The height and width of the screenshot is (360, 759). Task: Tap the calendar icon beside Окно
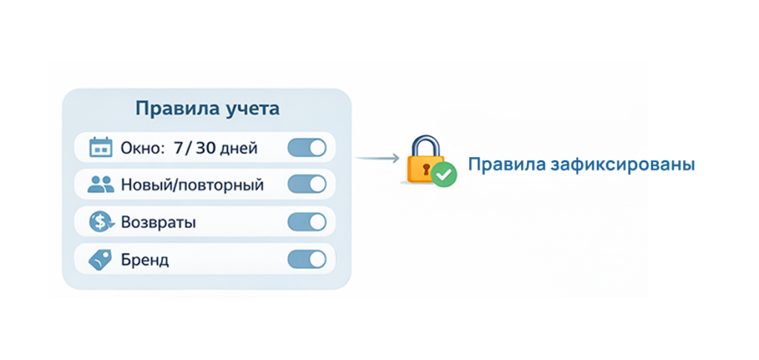pyautogui.click(x=101, y=148)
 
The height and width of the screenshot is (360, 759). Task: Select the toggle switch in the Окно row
pyautogui.click(x=307, y=148)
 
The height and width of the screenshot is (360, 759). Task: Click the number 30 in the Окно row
pyautogui.click(x=209, y=148)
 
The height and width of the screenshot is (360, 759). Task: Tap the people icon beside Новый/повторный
pyautogui.click(x=101, y=184)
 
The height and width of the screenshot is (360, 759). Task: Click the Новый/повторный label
pyautogui.click(x=192, y=184)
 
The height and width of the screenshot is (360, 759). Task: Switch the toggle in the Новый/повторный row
pyautogui.click(x=307, y=184)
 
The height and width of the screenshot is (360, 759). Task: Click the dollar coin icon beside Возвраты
pyautogui.click(x=101, y=221)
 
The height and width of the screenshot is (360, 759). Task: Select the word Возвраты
pyautogui.click(x=159, y=221)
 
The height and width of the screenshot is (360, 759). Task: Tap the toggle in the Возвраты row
pyautogui.click(x=307, y=221)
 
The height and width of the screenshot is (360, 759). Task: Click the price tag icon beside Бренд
pyautogui.click(x=101, y=259)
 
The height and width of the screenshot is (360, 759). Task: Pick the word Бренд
pyautogui.click(x=145, y=259)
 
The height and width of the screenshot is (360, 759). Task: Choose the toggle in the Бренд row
pyautogui.click(x=307, y=259)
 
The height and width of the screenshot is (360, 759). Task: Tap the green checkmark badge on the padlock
pyautogui.click(x=445, y=175)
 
